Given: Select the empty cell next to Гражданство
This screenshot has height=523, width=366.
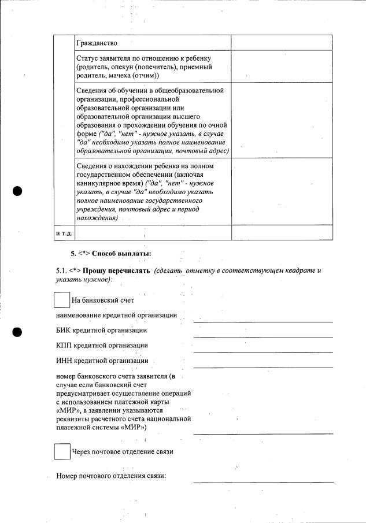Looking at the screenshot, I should point(282,43).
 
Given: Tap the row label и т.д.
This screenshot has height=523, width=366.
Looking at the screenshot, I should point(64,232).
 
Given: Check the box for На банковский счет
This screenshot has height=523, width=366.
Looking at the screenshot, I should point(61,300).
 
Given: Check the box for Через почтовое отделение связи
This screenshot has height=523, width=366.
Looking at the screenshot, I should point(62,451).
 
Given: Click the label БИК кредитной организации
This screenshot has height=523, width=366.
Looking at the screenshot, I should point(101,331).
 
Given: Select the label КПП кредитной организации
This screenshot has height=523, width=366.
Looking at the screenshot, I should point(102,346).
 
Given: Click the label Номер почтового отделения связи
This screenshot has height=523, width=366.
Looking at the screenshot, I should point(111,476).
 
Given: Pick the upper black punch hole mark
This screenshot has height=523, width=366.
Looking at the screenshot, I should point(17,191).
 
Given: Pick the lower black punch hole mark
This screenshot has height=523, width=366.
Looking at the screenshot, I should point(17,332).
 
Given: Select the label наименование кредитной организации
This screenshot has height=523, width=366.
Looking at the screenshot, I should point(117,316).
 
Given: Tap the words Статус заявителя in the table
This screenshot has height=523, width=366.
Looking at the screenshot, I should point(104,59).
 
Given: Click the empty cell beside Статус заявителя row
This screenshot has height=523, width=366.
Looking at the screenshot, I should point(282,66).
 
